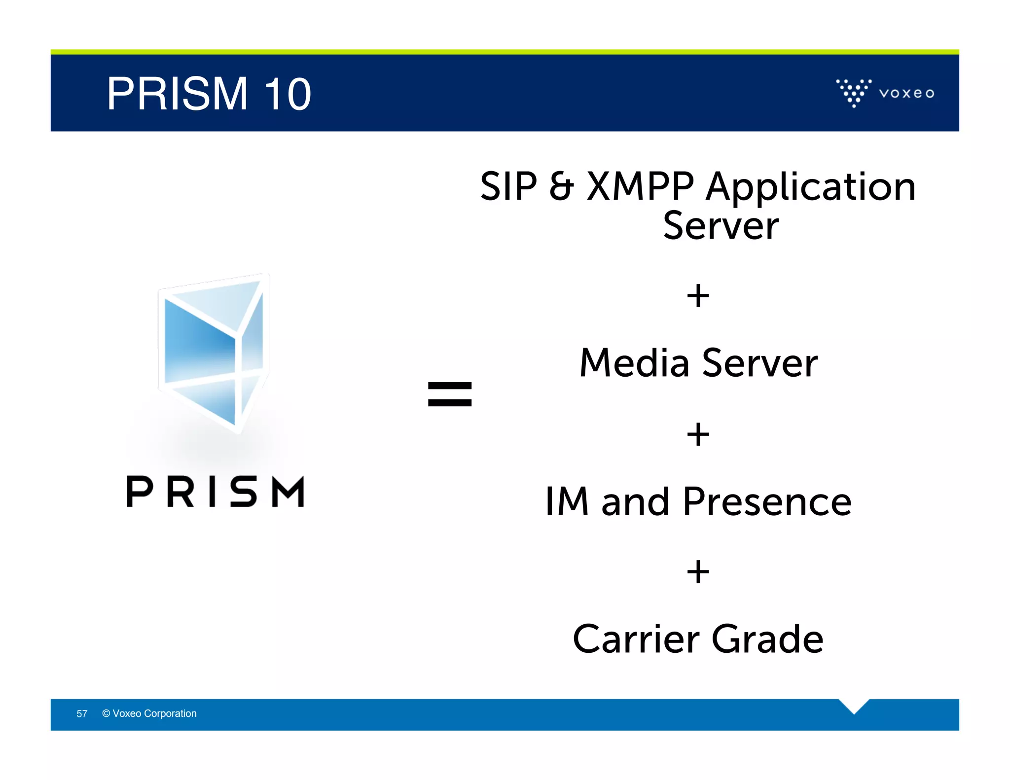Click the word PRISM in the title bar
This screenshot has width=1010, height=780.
pyautogui.click(x=177, y=94)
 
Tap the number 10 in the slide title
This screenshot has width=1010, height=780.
pyautogui.click(x=288, y=94)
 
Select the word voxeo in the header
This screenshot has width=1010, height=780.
pyautogui.click(x=906, y=93)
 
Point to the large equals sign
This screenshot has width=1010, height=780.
pyautogui.click(x=450, y=394)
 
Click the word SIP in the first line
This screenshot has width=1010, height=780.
pyautogui.click(x=508, y=186)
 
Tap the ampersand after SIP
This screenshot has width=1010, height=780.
pyautogui.click(x=561, y=186)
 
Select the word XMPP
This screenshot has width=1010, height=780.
pyautogui.click(x=640, y=186)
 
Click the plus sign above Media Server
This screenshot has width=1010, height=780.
pyautogui.click(x=698, y=296)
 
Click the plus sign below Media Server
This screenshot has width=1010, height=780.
pyautogui.click(x=698, y=434)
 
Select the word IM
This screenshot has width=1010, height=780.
pyautogui.click(x=567, y=501)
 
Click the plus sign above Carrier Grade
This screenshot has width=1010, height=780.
pyautogui.click(x=698, y=572)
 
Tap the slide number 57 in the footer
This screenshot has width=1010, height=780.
pyautogui.click(x=82, y=713)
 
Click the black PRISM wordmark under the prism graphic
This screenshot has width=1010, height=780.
pyautogui.click(x=216, y=492)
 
